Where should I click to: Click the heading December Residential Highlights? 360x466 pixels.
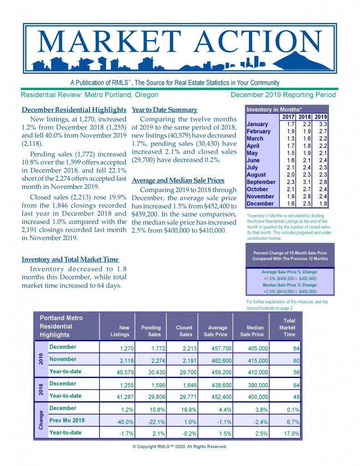click(74, 110)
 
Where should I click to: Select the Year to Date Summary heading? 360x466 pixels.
click(164, 110)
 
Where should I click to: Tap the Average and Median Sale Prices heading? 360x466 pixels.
click(177, 181)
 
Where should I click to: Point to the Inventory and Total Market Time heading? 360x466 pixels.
click(70, 259)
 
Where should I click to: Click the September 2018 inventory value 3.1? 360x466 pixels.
click(307, 182)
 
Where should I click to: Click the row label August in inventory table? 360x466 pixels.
click(256, 175)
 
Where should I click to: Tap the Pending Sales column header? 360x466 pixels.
click(151, 331)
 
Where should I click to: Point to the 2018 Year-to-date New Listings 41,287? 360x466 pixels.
click(120, 397)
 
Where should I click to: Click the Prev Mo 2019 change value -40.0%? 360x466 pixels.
click(120, 421)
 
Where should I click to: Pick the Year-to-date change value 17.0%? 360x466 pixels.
click(291, 434)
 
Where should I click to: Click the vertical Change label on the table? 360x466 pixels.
click(41, 420)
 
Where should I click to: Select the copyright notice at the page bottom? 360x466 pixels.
click(180, 446)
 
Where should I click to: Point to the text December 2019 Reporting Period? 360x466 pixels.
click(283, 95)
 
